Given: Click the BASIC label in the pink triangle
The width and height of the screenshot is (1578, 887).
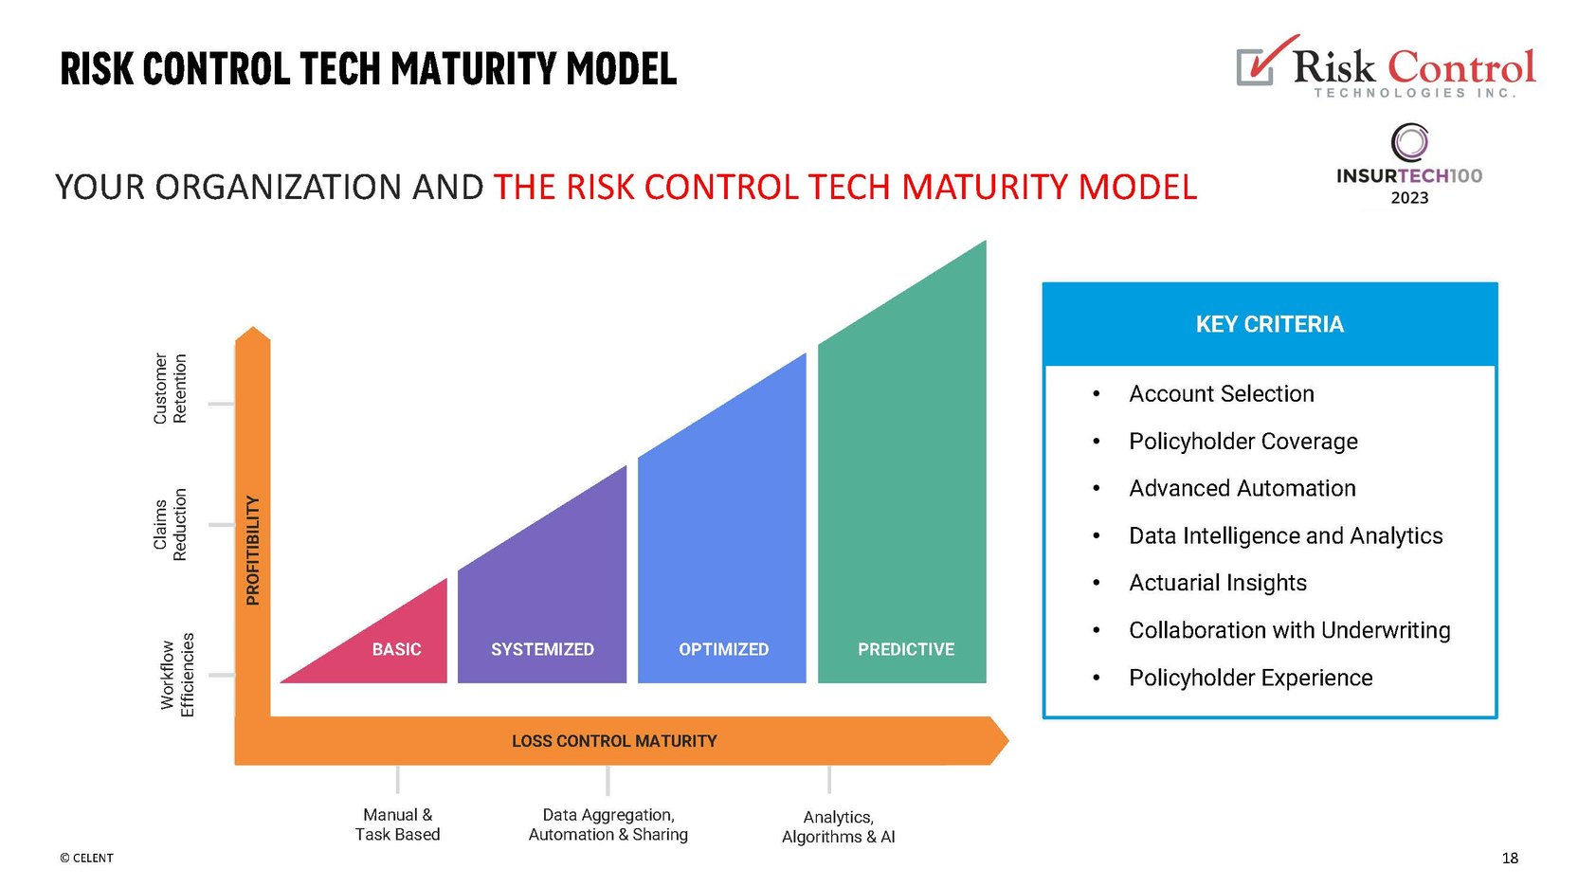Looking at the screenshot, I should pos(396,649).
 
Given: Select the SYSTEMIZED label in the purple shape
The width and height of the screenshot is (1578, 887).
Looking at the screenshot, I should pos(542,649).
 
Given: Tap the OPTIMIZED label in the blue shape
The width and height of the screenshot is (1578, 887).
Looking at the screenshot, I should pos(723,649).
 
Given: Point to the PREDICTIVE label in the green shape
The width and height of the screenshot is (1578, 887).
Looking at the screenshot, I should pos(905,649).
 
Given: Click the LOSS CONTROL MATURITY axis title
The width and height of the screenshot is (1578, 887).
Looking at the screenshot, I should pos(614,741).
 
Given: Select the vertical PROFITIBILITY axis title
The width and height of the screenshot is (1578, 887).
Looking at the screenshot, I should pos(252,550).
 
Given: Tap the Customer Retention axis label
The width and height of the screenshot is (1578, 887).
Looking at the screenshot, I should pos(171,389).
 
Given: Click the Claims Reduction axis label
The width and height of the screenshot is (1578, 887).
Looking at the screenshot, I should pos(171,524).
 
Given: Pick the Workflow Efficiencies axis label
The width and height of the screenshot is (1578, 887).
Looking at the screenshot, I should pos(177,675).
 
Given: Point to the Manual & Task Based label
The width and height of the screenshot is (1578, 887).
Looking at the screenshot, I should pos(397,824).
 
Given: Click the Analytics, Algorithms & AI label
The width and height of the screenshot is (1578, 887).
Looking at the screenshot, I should pos(838,826).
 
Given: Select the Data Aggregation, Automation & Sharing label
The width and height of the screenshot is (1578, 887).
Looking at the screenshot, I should pos(608,824).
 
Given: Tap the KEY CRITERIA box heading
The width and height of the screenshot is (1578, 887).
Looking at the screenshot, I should pos(1269,324).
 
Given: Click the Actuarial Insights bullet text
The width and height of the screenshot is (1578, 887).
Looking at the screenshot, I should pos(1217,583).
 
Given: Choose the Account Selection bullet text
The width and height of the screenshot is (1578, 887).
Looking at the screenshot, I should pos(1221,393).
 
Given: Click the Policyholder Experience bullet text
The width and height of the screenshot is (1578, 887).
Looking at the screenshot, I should pos(1250,678).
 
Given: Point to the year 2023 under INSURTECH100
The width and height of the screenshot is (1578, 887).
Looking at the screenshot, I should pos(1409,198).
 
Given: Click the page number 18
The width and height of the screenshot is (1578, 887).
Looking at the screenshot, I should pos(1510,858).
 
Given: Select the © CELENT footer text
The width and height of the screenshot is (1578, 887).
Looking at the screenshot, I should pos(86,858).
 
